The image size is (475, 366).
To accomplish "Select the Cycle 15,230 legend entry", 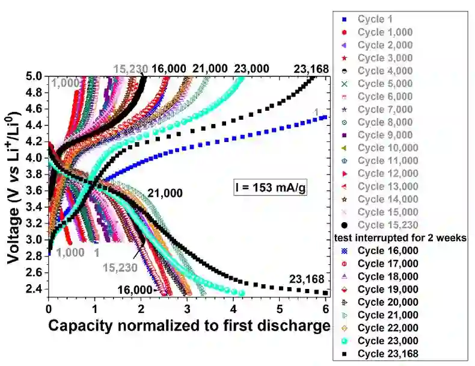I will (388, 225).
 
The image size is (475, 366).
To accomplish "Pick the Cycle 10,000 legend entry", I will (388, 147).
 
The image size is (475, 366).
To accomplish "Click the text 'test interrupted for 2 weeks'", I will (400, 238).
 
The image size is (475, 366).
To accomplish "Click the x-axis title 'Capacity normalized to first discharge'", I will (189, 326).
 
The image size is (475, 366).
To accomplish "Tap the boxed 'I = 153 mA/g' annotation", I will (271, 188).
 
